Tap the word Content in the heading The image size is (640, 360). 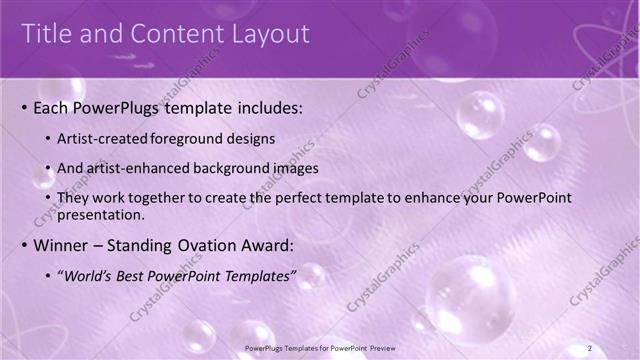(x=165, y=34)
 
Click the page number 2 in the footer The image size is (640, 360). (x=590, y=347)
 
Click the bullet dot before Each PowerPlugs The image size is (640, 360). (x=23, y=106)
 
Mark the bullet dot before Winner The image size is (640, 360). (x=23, y=245)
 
